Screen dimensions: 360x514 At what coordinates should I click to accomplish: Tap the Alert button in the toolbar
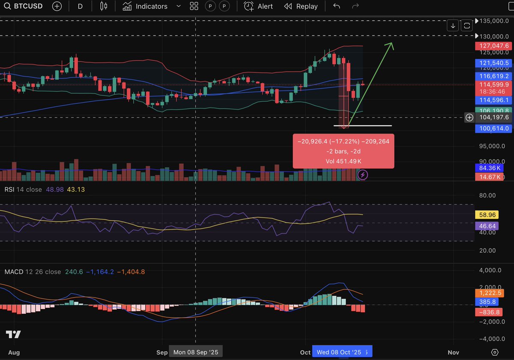click(259, 6)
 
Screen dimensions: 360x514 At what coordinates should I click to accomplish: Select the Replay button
click(301, 6)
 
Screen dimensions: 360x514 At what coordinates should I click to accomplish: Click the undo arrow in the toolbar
click(337, 6)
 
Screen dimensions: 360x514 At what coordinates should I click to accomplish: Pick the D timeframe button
click(80, 6)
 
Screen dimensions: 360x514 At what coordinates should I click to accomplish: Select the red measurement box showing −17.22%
click(343, 151)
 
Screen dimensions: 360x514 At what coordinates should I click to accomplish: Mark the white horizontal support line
click(363, 126)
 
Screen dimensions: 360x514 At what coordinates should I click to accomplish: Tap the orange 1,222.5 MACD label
click(489, 293)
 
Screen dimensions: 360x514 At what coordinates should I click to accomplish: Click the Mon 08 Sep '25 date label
click(196, 352)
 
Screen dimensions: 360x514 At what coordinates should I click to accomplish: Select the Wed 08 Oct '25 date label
click(339, 352)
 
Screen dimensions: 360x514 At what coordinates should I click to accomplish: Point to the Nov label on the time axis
click(453, 352)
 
